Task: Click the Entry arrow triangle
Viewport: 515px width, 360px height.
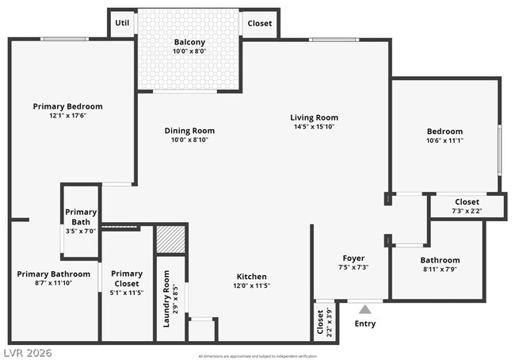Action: tap(364, 309)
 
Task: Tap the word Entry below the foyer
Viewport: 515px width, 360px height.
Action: tap(365, 324)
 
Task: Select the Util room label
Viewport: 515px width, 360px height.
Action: tap(122, 23)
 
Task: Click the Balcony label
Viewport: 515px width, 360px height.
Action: tap(189, 42)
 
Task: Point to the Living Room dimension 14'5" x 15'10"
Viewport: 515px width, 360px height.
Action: tap(314, 127)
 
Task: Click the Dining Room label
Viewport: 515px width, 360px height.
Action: tap(189, 131)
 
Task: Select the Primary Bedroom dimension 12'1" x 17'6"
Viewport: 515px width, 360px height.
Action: tap(67, 116)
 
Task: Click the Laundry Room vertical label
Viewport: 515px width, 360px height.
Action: tap(166, 298)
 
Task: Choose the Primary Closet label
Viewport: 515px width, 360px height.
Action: tap(127, 278)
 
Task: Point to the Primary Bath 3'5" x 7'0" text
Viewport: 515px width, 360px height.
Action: tap(81, 231)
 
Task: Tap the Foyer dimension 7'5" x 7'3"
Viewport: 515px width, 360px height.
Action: tap(353, 267)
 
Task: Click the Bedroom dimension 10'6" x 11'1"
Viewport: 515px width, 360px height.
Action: tap(444, 140)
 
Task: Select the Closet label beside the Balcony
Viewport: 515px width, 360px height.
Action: tap(260, 23)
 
